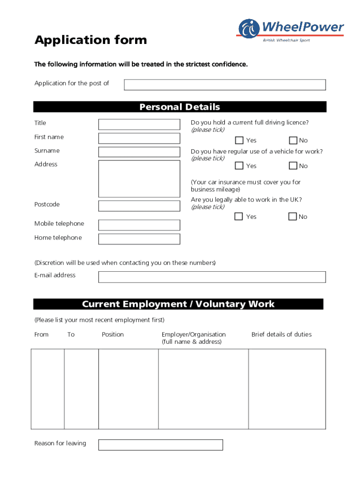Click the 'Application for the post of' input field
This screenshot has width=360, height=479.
click(224, 85)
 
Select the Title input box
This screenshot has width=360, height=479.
click(139, 124)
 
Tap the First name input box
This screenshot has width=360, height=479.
click(139, 138)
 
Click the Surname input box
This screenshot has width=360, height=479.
click(139, 152)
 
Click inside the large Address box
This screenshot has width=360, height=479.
click(139, 178)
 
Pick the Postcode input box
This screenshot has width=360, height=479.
click(139, 206)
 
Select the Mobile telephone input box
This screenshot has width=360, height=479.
click(139, 225)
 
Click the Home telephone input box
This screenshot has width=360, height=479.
click(139, 239)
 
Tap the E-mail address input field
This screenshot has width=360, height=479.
click(212, 277)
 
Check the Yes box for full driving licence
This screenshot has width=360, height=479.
click(239, 140)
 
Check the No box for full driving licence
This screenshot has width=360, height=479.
click(293, 140)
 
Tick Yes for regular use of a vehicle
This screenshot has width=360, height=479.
click(239, 166)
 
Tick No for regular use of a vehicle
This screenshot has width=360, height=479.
click(293, 166)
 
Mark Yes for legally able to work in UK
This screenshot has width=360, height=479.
click(239, 216)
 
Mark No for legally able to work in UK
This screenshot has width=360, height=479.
click(293, 216)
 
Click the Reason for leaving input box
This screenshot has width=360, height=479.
click(160, 445)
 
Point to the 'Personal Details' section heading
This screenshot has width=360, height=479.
click(180, 107)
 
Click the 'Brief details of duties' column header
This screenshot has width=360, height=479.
click(281, 334)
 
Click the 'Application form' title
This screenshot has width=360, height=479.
click(91, 40)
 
